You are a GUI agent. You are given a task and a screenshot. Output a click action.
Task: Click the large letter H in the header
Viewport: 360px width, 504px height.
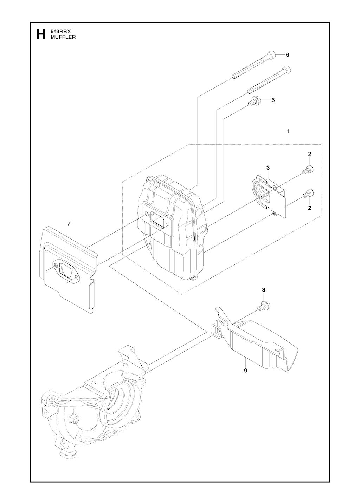tap(41, 34)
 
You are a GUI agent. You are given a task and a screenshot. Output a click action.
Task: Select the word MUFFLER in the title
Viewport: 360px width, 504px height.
tap(63, 37)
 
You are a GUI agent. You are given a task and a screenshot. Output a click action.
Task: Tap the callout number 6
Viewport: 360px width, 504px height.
tap(287, 55)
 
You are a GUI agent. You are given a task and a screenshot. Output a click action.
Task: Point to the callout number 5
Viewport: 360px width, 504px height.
tap(273, 100)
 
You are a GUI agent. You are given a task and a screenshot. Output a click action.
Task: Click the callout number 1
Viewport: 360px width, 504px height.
tap(288, 131)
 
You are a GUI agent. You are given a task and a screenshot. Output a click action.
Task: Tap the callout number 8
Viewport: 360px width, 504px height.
tap(264, 290)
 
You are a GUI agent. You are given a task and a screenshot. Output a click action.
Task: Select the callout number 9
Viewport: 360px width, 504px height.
tap(245, 370)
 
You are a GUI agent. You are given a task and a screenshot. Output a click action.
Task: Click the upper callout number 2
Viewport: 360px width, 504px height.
tap(310, 154)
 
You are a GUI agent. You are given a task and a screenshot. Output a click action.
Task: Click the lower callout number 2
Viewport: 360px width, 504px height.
tap(310, 208)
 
